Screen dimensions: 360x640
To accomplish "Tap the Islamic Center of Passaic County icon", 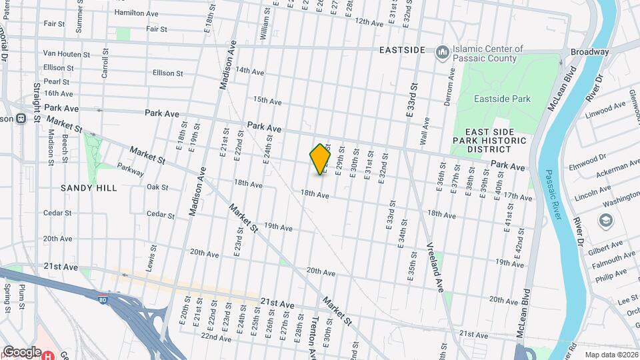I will tap(442, 52).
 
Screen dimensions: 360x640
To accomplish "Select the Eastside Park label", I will tap(502, 99).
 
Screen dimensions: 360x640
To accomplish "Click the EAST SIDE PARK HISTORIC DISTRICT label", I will tap(489, 141).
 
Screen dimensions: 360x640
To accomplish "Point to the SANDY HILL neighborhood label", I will tap(89, 188).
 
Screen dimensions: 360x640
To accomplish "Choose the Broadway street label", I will tap(589, 52).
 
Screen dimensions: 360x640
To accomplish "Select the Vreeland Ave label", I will tap(435, 267).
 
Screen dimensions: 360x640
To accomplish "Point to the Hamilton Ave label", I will tap(137, 13).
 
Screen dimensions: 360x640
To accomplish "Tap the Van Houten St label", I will tap(66, 53).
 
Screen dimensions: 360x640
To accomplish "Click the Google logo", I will tap(22, 351).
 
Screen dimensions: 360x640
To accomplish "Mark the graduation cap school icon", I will tap(605, 220).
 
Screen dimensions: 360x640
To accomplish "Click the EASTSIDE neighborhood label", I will tap(402, 50).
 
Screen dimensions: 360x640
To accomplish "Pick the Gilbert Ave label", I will tap(604, 247).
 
